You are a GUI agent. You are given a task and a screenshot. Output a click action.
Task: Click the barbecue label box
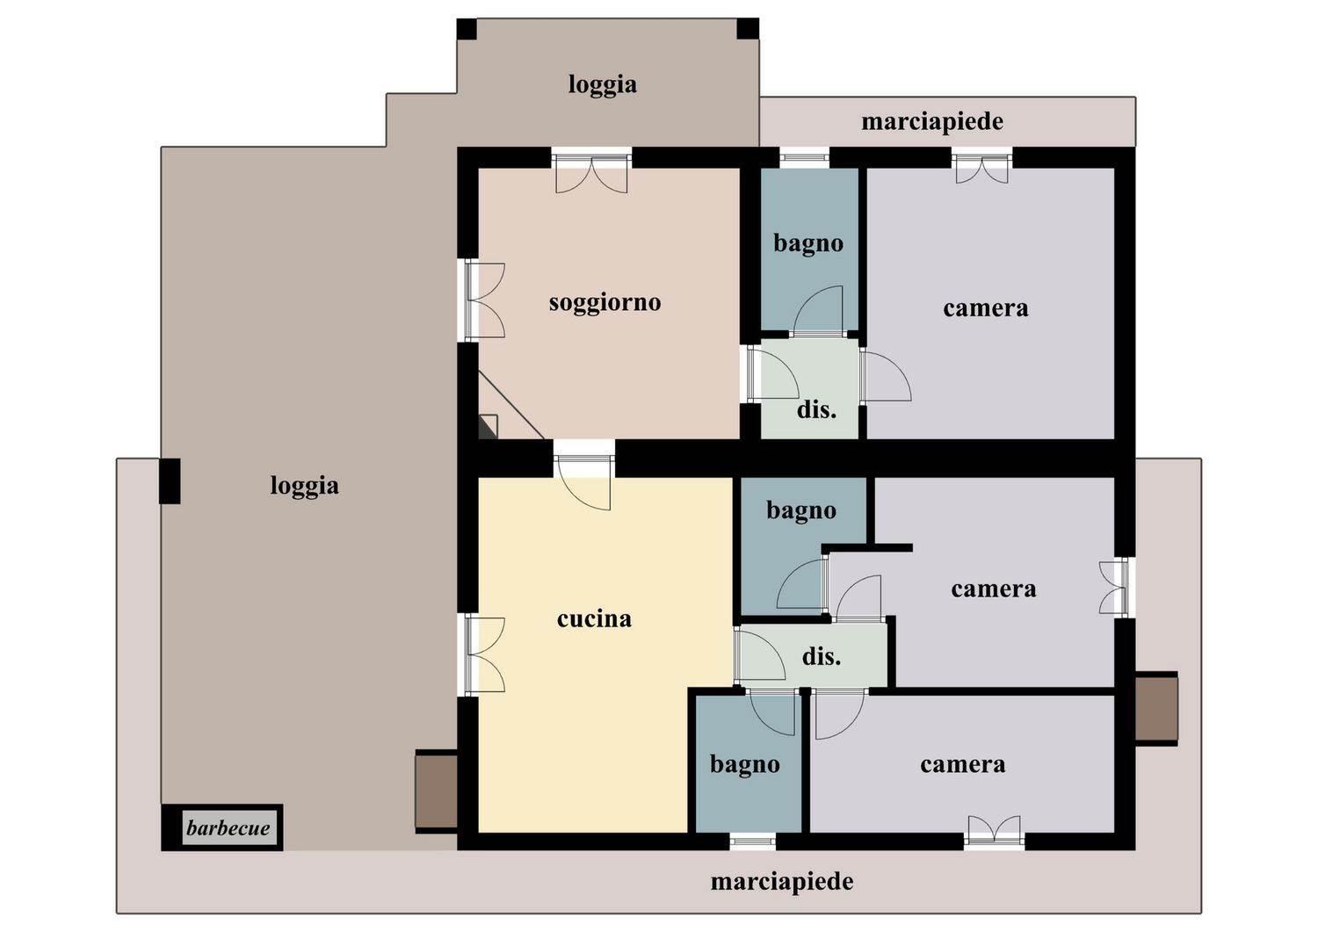pos(221,827)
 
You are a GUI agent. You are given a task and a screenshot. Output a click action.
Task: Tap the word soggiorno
pos(605,304)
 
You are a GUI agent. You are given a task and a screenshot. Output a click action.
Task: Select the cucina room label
pos(594,618)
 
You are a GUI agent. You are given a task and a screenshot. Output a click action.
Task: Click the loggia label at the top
pos(603,84)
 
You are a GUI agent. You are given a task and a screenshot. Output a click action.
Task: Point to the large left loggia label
pos(304,487)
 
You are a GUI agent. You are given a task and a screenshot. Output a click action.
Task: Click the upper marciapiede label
pos(932,122)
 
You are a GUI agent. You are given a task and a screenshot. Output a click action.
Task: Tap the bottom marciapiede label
pos(782,882)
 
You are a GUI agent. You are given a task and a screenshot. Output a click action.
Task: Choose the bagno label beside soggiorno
pos(808,243)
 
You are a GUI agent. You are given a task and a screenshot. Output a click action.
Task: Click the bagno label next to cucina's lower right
pos(745,765)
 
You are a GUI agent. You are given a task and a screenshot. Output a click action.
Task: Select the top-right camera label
pos(986,308)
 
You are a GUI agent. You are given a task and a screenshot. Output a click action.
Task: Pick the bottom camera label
pos(963,765)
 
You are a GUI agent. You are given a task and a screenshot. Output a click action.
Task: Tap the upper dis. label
pos(816,409)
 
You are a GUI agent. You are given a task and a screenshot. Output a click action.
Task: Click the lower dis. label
pos(822,656)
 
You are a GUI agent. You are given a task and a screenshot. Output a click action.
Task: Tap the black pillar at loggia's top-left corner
pos(467,29)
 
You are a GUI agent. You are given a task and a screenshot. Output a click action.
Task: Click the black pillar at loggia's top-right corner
pos(748,29)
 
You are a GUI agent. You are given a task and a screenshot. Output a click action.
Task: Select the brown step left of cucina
pos(436,791)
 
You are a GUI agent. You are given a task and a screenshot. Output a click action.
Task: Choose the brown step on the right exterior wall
pos(1156,709)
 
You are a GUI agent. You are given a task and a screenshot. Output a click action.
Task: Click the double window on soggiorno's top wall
pos(591,170)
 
